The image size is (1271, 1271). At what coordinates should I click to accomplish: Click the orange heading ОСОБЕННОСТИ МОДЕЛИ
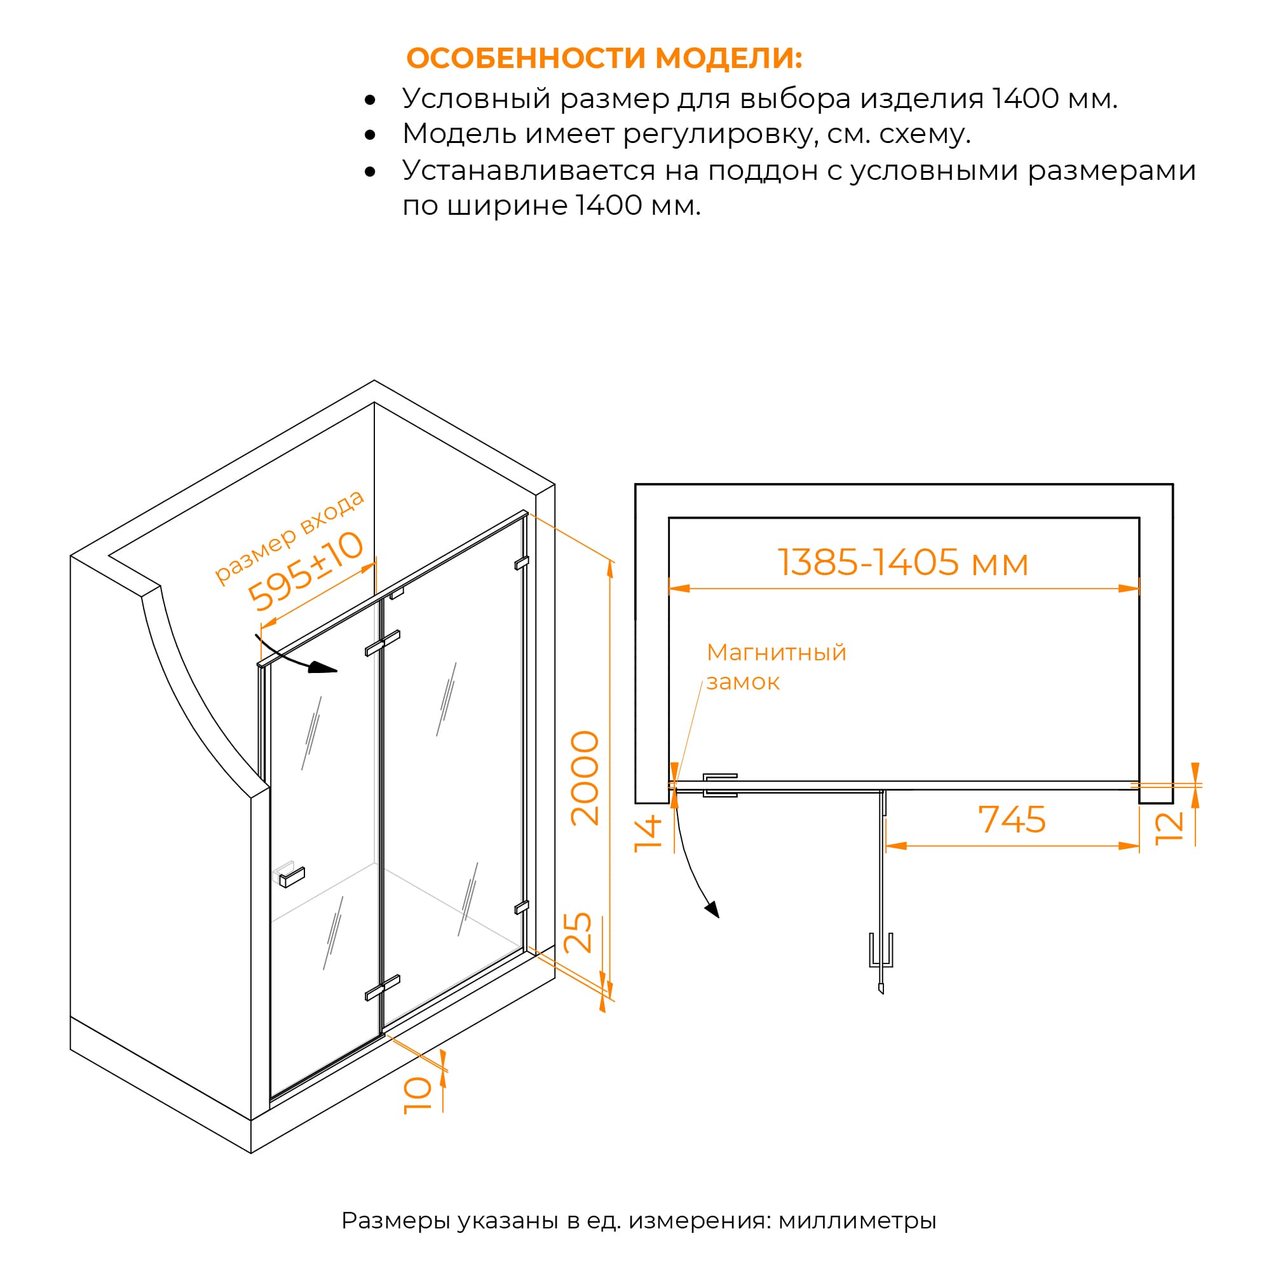[x=604, y=58]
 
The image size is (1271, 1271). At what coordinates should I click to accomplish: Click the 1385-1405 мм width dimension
[x=902, y=562]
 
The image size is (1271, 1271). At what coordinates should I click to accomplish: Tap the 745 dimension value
[x=1012, y=820]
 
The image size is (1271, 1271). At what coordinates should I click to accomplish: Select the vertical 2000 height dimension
[x=585, y=778]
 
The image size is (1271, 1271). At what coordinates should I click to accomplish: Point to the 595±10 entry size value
[x=305, y=571]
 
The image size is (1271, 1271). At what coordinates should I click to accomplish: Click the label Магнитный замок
[x=777, y=667]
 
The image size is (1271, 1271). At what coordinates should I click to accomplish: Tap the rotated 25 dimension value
[x=578, y=933]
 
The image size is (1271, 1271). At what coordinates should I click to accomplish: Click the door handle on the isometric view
[x=288, y=874]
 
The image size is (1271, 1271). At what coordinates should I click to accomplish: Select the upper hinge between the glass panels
[x=382, y=642]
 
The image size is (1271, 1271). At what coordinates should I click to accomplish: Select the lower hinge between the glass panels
[x=382, y=988]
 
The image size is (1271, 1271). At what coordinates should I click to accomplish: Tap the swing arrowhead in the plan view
[x=712, y=910]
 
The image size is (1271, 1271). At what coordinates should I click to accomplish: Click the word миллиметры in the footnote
[x=857, y=1220]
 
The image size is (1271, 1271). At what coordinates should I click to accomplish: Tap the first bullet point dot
[x=370, y=100]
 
